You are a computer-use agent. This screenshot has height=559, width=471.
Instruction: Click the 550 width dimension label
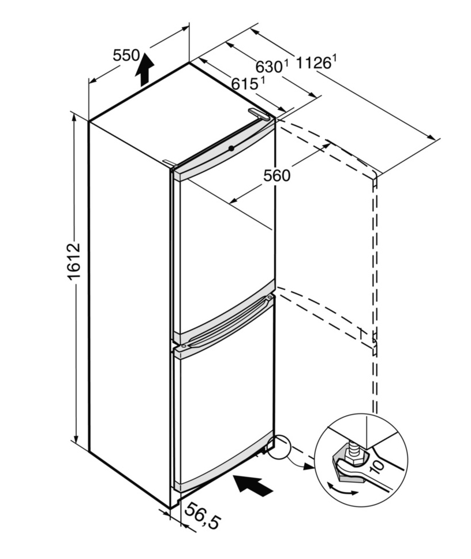click(x=126, y=55)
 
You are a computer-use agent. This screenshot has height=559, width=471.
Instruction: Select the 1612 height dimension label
click(x=74, y=261)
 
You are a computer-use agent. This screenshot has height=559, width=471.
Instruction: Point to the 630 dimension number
click(x=269, y=66)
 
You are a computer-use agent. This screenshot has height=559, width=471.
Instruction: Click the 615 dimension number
click(x=244, y=84)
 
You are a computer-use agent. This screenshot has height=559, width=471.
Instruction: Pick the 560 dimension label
click(x=277, y=175)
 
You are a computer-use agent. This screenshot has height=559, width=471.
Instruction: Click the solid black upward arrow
click(x=144, y=69)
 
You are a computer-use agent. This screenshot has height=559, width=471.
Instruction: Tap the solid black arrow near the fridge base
click(x=253, y=484)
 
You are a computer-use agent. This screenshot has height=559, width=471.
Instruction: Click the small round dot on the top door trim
click(x=232, y=148)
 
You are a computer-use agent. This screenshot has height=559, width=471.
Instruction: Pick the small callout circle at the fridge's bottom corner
click(x=279, y=446)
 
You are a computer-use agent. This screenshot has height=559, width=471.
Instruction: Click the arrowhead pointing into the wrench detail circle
click(x=308, y=468)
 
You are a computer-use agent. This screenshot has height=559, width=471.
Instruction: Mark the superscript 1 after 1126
click(x=334, y=57)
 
